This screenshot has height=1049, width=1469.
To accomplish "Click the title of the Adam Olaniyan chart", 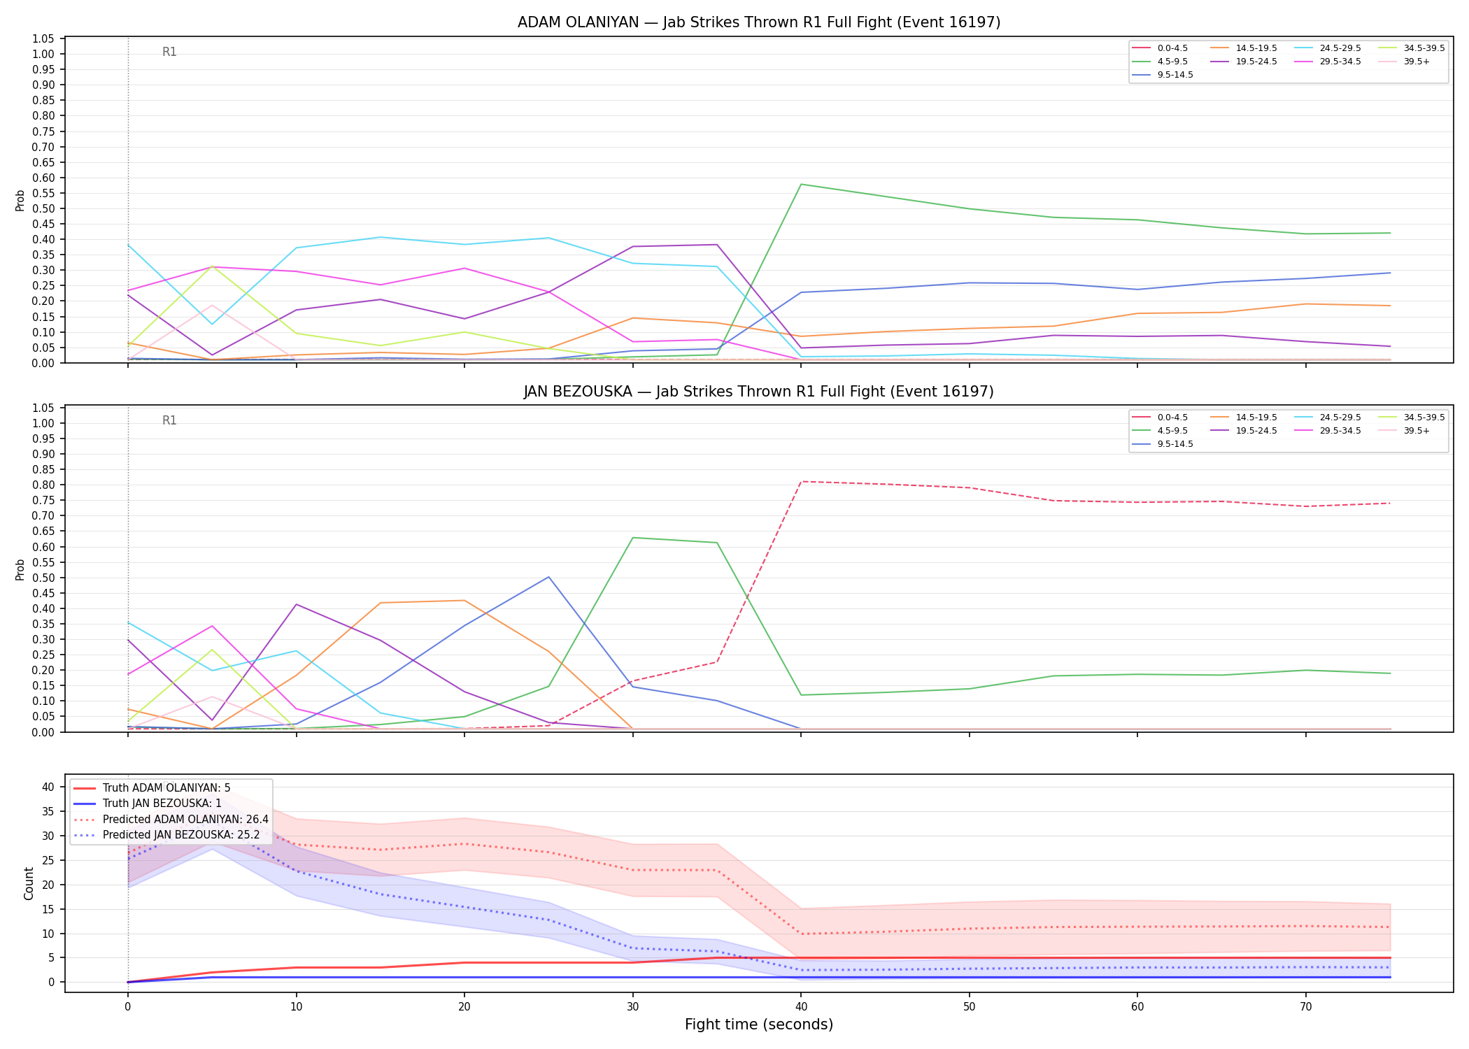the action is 759,22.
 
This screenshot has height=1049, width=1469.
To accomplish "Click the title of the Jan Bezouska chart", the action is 759,392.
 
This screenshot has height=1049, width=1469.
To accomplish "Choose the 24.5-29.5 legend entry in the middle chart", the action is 1326,418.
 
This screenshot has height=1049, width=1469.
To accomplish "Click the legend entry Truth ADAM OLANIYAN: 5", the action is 152,788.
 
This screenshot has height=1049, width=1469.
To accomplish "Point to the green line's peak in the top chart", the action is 801,184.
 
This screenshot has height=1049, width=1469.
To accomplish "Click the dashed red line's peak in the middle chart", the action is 801,482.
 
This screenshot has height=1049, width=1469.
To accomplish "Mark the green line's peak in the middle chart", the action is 633,538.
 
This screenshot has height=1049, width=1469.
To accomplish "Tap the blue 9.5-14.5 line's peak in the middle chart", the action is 548,577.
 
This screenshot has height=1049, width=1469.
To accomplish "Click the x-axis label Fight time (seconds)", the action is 759,1025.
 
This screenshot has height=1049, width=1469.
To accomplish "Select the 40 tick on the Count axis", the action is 48,787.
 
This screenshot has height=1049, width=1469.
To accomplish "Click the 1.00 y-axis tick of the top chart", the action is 43,55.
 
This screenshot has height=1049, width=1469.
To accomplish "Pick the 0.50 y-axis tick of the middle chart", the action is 43,578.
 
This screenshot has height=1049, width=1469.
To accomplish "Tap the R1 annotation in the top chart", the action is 169,52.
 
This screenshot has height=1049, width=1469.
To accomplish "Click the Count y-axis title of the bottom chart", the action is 29,883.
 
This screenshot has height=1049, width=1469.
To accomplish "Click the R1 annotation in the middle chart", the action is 169,420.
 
